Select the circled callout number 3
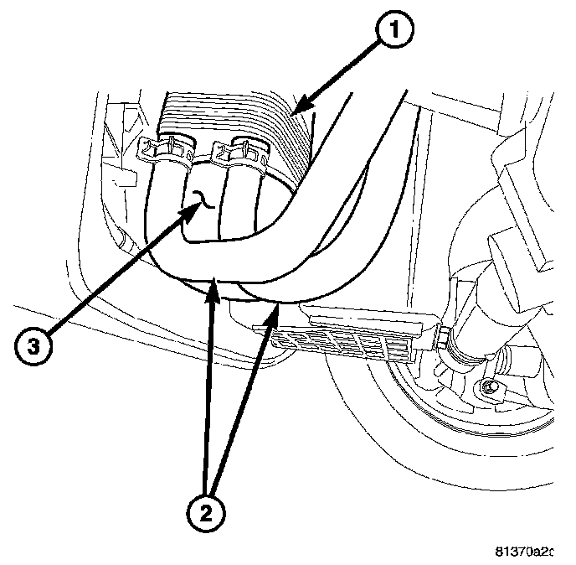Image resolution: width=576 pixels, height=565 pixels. click(32, 345)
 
